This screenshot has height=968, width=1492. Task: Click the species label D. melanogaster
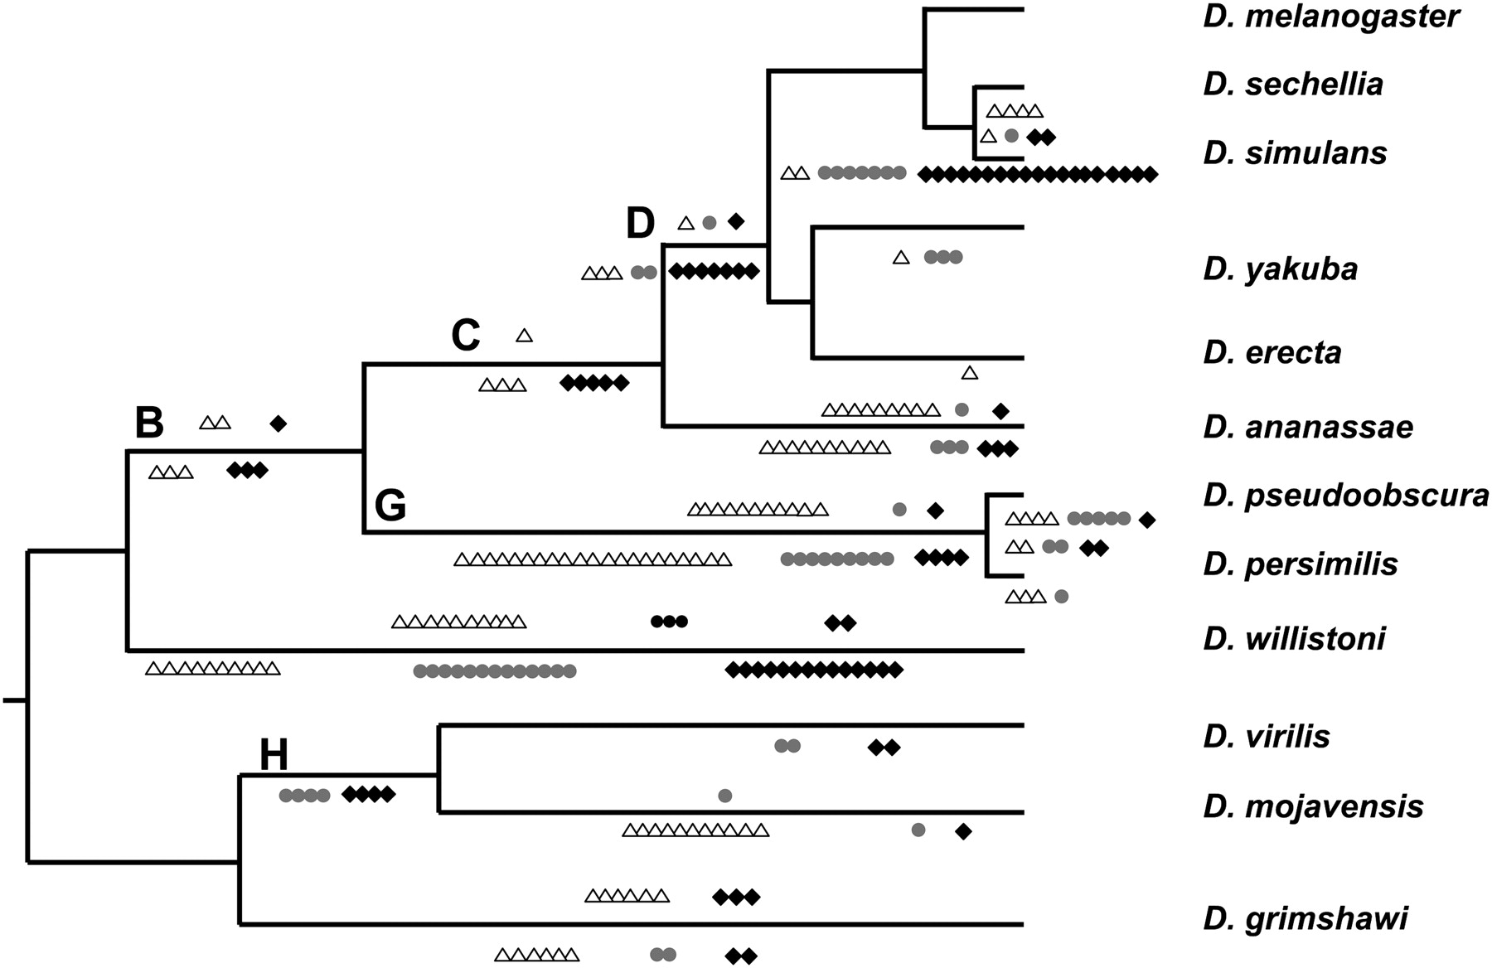click(1331, 17)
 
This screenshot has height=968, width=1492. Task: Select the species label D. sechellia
click(1293, 84)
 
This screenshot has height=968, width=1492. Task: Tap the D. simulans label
click(1295, 153)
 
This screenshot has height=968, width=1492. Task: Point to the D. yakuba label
click(1281, 269)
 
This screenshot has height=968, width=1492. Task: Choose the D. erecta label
click(1272, 352)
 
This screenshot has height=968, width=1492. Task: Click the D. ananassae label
click(1308, 427)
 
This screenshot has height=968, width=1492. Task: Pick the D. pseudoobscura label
click(1346, 495)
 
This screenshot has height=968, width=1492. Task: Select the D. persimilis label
click(1301, 564)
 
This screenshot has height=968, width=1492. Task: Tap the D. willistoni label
click(1295, 638)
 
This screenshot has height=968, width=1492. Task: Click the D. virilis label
click(1267, 736)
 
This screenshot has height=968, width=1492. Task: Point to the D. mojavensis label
click(1313, 806)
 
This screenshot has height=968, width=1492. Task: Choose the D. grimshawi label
click(1305, 918)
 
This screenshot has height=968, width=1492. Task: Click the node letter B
click(149, 423)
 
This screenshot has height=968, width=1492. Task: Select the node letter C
click(466, 336)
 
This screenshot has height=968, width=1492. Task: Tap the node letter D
click(641, 224)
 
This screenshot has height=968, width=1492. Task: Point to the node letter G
click(390, 506)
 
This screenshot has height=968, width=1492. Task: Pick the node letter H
click(274, 755)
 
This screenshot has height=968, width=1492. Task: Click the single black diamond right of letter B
click(279, 423)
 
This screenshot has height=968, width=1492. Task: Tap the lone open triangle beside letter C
click(524, 336)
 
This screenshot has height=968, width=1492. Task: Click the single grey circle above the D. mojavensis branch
click(724, 796)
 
